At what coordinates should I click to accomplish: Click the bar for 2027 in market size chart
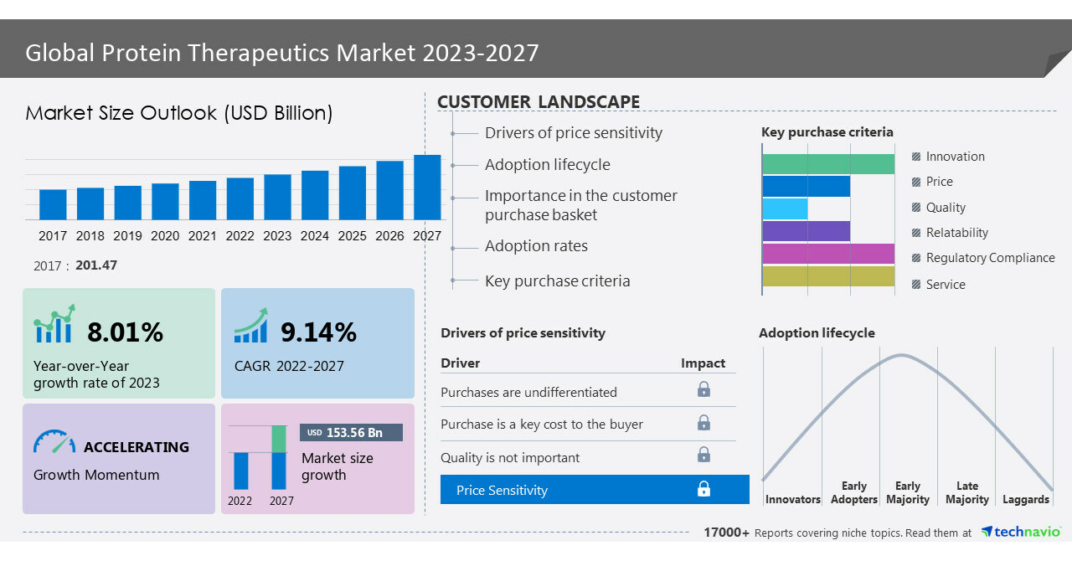coord(427,188)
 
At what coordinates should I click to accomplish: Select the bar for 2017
coord(53,204)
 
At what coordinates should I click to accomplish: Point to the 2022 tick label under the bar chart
coord(240,236)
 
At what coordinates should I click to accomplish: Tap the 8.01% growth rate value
coord(125,332)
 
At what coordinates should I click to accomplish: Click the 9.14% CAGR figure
coord(318,332)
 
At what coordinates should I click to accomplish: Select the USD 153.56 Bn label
coord(351,432)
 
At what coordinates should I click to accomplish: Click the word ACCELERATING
coord(137,447)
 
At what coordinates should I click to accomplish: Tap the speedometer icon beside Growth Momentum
coord(54,442)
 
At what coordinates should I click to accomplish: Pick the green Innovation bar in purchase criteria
coord(827,164)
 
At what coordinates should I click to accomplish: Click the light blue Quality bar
coord(785,208)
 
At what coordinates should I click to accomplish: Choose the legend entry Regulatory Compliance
coord(990,258)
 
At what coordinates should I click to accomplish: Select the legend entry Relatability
coord(956,233)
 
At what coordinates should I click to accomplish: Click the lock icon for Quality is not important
coord(703,455)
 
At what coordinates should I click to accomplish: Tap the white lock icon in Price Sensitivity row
coord(703,489)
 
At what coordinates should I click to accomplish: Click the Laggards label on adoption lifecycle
coord(1025,499)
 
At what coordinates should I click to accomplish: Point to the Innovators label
coord(792,499)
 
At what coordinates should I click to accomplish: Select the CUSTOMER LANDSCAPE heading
coord(538,102)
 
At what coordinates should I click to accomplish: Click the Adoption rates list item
coord(536,246)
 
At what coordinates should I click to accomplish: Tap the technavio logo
coord(1021,532)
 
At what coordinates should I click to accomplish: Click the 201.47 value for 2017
coord(96,265)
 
